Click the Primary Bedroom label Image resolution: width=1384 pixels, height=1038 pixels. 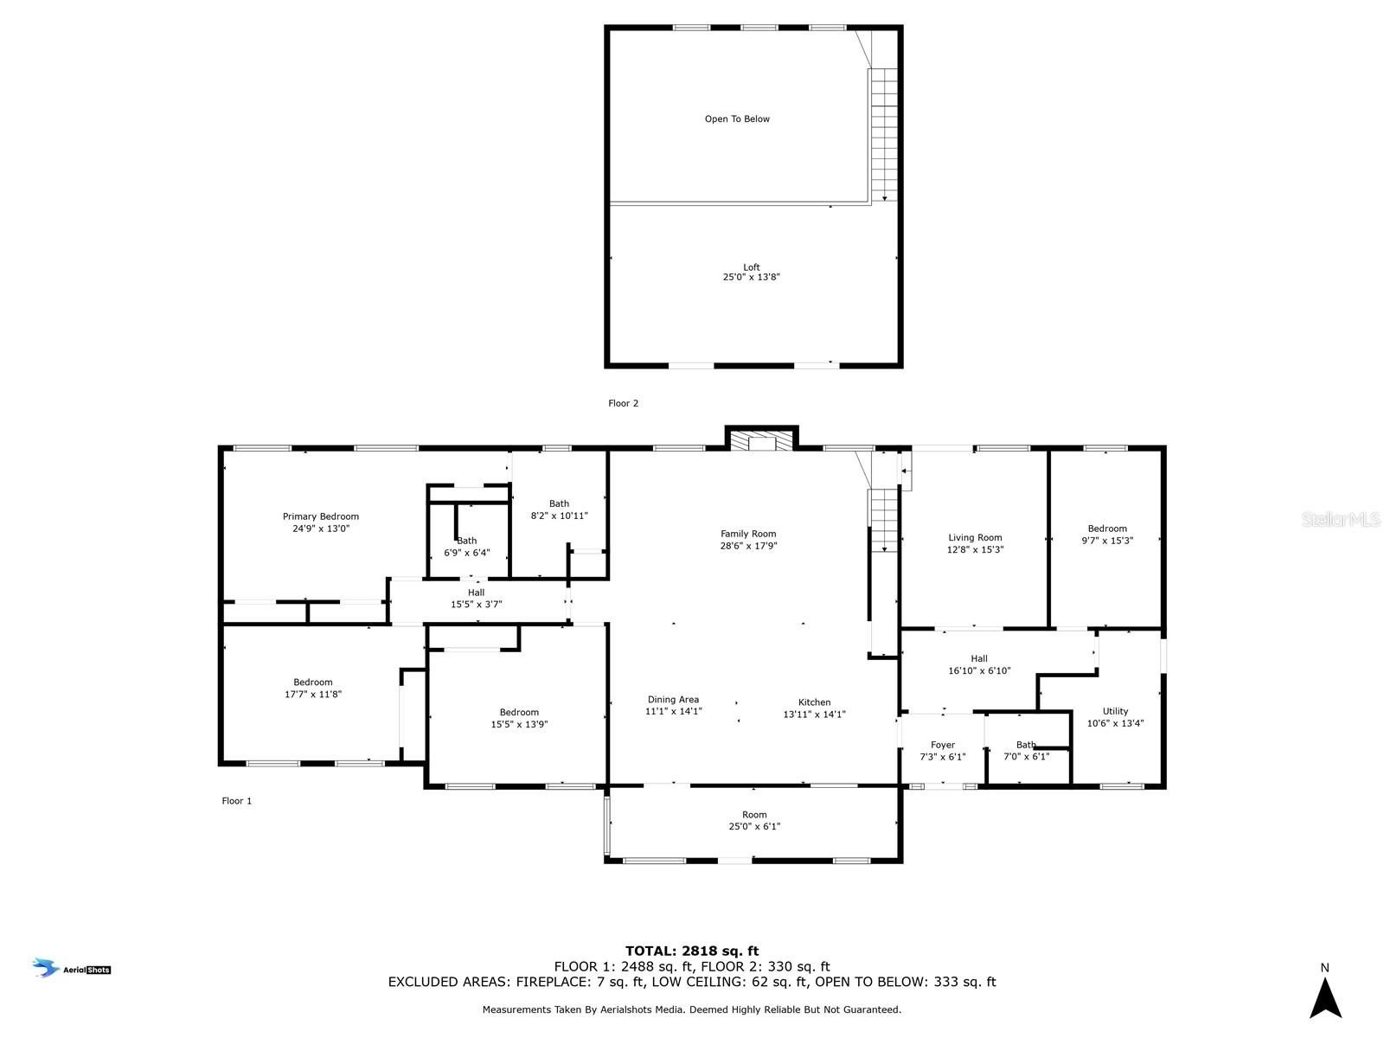[320, 517]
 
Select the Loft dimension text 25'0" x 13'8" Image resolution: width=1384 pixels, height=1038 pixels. [751, 278]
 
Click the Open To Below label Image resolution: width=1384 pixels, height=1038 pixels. [737, 119]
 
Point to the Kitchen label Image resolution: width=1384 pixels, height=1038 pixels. [814, 702]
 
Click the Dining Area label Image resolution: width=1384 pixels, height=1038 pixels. [673, 700]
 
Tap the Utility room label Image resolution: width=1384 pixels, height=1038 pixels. [1115, 711]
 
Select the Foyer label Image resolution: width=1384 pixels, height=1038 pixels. [942, 745]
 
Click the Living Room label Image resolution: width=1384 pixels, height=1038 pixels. [975, 538]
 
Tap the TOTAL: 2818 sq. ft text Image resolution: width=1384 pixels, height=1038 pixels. [692, 951]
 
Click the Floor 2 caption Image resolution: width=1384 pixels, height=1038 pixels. [623, 403]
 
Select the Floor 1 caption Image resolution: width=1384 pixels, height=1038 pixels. [236, 801]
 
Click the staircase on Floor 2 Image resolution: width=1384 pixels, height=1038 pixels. [884, 134]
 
